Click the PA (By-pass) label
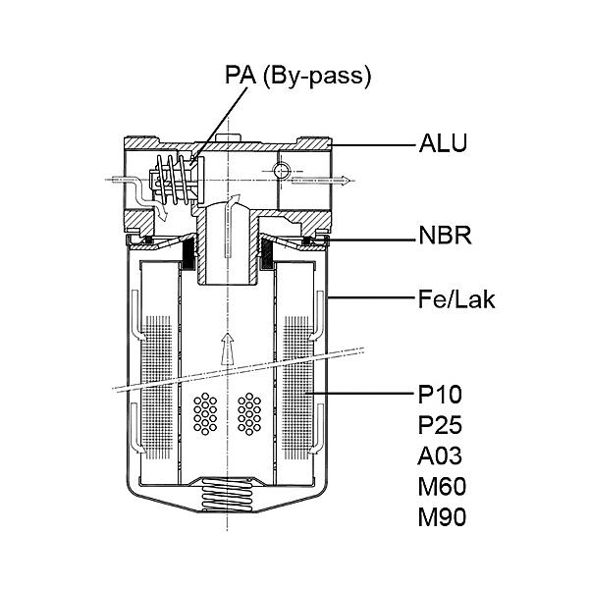[x=297, y=76]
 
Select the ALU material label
[x=444, y=142]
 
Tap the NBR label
[x=445, y=236]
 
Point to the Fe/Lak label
[x=456, y=299]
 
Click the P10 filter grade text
[x=440, y=394]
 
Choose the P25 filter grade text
[x=440, y=425]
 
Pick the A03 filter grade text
[x=440, y=455]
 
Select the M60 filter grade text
[x=442, y=486]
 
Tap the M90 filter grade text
[x=442, y=517]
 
